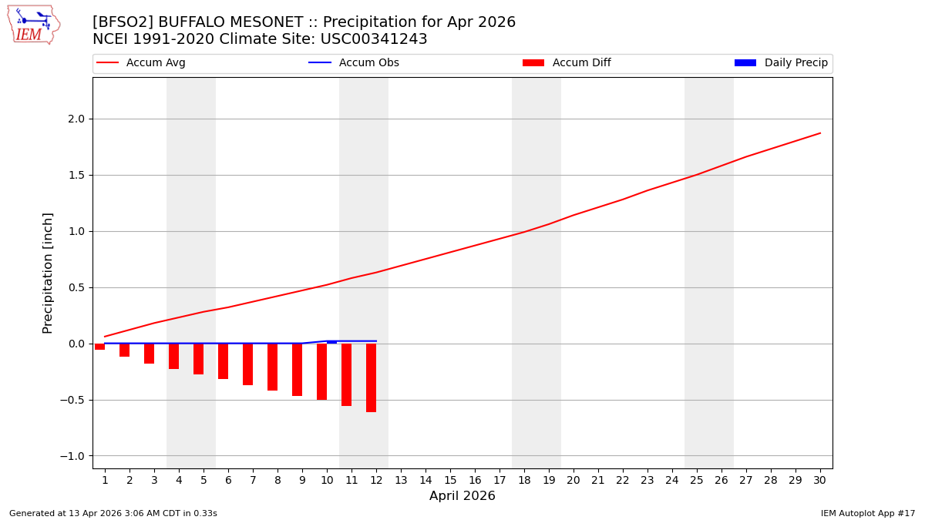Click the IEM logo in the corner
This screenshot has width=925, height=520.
[x=33, y=25]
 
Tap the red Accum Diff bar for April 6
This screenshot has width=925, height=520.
[x=223, y=361]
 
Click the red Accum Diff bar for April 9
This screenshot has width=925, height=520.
[x=297, y=370]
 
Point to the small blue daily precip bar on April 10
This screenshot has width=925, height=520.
[x=331, y=342]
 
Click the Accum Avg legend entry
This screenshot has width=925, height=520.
[x=141, y=63]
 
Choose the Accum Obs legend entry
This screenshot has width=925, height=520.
[x=354, y=63]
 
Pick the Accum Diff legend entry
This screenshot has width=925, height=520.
[x=567, y=63]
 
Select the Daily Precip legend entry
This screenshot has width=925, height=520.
[x=781, y=63]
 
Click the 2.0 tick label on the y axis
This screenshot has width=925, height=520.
[x=76, y=119]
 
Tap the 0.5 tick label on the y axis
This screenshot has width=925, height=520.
[x=76, y=287]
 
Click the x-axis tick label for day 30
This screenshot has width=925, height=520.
[x=819, y=480]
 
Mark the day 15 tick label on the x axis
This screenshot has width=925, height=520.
[x=450, y=480]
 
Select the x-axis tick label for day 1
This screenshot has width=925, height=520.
[x=105, y=480]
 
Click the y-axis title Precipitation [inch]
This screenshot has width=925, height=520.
[x=48, y=273]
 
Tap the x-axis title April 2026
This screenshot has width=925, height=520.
[x=462, y=496]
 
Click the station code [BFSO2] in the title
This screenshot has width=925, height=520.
[x=123, y=22]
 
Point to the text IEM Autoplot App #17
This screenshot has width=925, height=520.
[x=867, y=513]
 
